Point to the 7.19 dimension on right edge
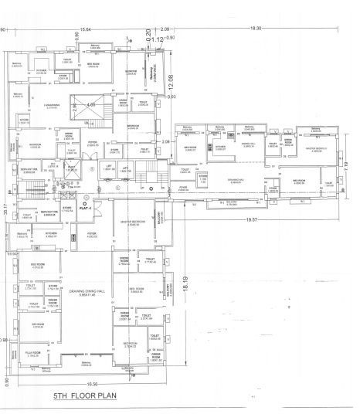click(x=348, y=165)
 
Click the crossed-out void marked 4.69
click(x=90, y=105)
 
